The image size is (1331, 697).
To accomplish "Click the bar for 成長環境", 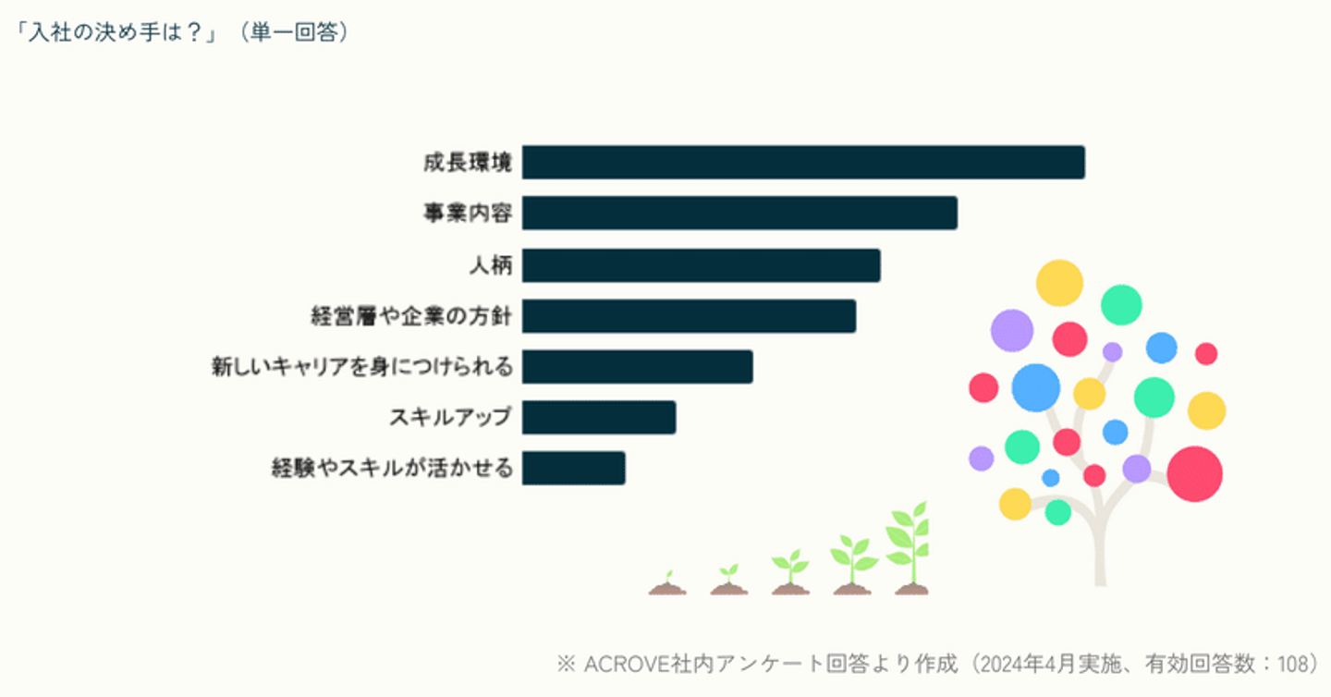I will coord(802,163).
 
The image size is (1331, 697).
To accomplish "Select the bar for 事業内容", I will coord(739,214).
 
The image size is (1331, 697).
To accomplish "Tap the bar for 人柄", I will coord(701,265).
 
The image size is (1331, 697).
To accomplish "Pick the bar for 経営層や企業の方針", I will coord(689,316).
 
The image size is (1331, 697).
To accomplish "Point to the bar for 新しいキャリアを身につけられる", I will coord(637,367).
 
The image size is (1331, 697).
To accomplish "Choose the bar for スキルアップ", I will coord(598,418).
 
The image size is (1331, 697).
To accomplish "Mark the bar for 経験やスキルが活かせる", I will coord(573,469).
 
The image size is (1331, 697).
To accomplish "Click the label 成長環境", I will coord(467,164).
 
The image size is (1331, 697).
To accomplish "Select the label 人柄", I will coord(491,266).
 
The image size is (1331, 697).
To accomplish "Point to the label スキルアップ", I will coord(450,418).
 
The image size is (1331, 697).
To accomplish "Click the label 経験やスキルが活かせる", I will coord(392,469).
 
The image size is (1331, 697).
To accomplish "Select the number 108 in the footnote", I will coord(1294,664).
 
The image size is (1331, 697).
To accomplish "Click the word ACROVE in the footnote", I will coord(627,664).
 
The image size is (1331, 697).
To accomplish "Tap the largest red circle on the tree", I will coord(1194,473).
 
